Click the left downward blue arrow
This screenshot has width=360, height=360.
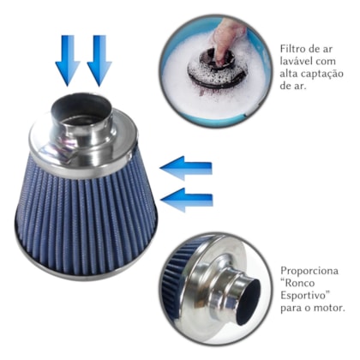[68, 60]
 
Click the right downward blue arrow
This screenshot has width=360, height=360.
[99, 60]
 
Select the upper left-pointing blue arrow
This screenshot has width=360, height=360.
[186, 168]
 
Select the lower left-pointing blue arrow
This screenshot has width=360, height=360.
[186, 200]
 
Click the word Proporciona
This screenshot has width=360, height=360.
[309, 271]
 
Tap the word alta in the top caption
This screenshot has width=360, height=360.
[286, 74]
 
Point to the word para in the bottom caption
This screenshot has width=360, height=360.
[290, 309]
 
